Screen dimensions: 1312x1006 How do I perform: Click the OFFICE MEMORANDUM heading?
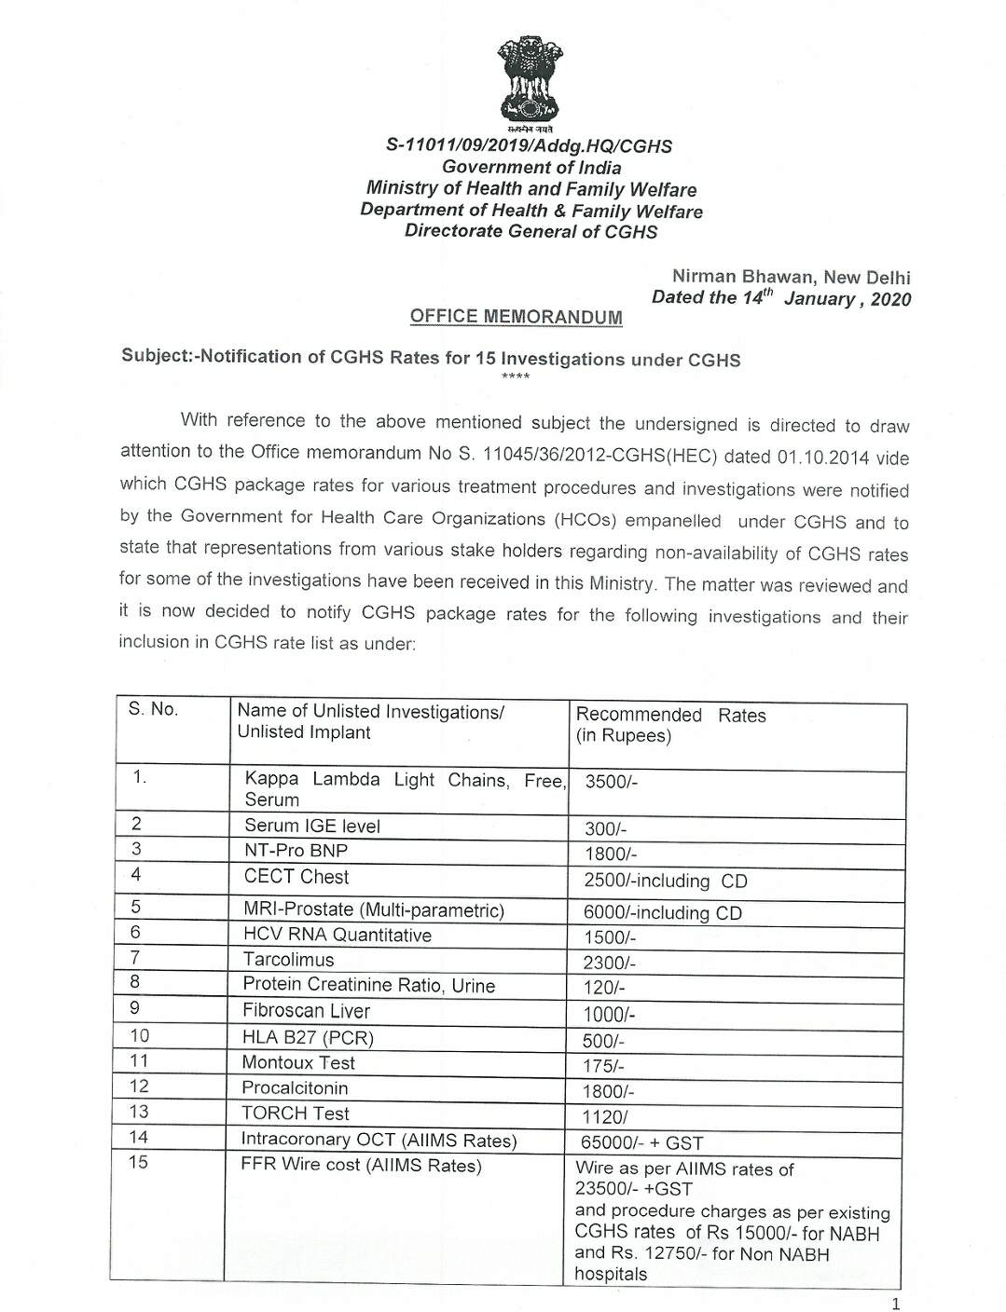pyautogui.click(x=516, y=317)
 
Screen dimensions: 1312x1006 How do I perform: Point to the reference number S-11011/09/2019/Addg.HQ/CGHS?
pyautogui.click(x=529, y=146)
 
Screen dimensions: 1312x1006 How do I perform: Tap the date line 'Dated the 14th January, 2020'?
pyautogui.click(x=781, y=298)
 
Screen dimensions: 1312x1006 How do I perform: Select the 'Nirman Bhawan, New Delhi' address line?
pyautogui.click(x=791, y=277)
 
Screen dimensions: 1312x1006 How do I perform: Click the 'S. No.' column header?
pyautogui.click(x=153, y=710)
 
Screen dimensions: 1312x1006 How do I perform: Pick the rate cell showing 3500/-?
pyautogui.click(x=612, y=783)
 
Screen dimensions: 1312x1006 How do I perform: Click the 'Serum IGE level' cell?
pyautogui.click(x=311, y=826)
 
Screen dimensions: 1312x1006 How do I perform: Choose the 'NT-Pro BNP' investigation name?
pyautogui.click(x=296, y=851)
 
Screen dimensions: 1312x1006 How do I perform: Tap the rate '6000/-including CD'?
pyautogui.click(x=662, y=913)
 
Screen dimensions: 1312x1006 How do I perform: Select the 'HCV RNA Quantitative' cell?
pyautogui.click(x=337, y=935)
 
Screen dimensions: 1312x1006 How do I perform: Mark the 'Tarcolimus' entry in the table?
pyautogui.click(x=288, y=960)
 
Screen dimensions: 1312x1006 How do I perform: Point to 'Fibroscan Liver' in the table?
pyautogui.click(x=306, y=1011)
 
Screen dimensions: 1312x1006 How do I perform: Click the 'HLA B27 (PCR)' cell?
pyautogui.click(x=307, y=1037)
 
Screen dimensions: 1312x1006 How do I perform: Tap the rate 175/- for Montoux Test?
pyautogui.click(x=603, y=1066)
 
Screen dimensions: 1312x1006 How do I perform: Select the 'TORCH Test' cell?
pyautogui.click(x=295, y=1114)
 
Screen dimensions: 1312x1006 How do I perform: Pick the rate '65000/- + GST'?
pyautogui.click(x=642, y=1142)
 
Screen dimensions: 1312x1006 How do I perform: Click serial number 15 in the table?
pyautogui.click(x=138, y=1163)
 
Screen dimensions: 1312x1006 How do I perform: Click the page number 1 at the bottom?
pyautogui.click(x=896, y=1304)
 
